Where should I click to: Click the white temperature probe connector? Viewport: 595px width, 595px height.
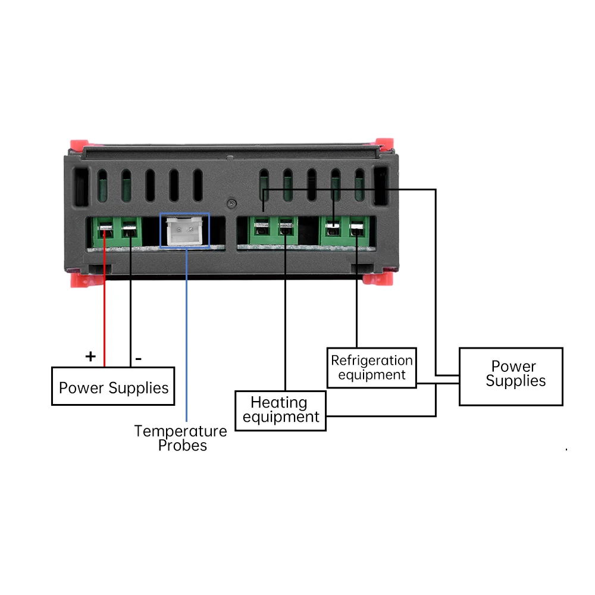click(x=184, y=231)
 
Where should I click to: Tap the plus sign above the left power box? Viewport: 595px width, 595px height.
click(x=90, y=356)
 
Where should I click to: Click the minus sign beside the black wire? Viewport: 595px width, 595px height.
click(x=139, y=358)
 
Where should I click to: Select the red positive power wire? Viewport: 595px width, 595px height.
click(x=104, y=297)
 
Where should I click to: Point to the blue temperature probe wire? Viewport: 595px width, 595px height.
click(x=186, y=334)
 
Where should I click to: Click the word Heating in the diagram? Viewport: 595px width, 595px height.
click(x=279, y=402)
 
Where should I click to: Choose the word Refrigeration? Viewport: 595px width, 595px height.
click(x=371, y=360)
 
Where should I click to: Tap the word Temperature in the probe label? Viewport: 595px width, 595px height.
click(x=181, y=431)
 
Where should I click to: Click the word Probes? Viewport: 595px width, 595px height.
click(x=183, y=446)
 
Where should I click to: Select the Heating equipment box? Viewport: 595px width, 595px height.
click(x=280, y=411)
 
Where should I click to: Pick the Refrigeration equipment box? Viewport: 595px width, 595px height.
click(x=372, y=368)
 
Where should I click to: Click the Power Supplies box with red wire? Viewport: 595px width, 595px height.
click(x=113, y=386)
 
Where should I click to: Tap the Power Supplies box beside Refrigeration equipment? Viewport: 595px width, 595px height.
click(x=511, y=377)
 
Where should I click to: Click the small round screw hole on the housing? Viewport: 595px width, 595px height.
click(x=231, y=203)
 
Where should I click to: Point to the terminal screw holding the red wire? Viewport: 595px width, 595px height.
click(x=105, y=229)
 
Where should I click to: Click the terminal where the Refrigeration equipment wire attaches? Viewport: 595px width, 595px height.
click(x=356, y=229)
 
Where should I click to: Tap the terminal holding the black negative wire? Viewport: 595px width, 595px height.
click(x=129, y=230)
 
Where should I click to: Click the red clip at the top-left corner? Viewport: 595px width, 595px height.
click(x=79, y=145)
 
